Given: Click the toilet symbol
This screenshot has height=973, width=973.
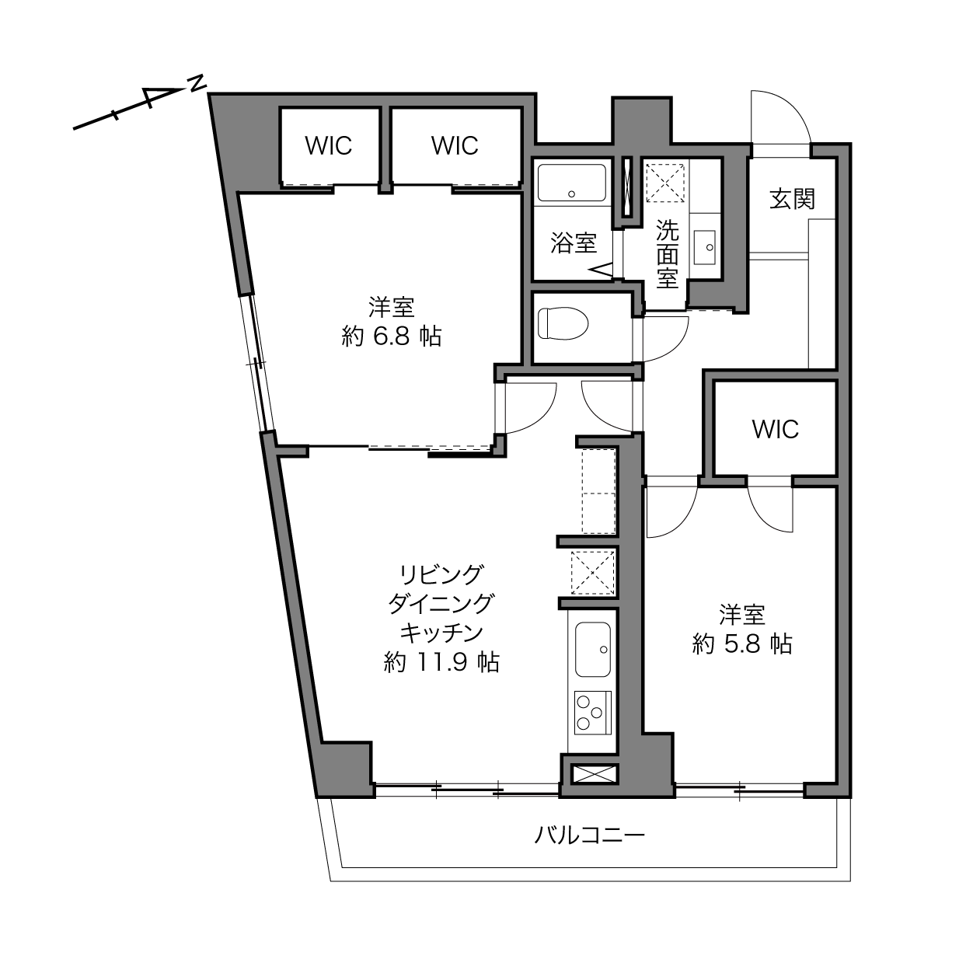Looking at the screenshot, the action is coord(563,323).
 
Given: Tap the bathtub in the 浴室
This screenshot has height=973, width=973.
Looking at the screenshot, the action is coord(571,183).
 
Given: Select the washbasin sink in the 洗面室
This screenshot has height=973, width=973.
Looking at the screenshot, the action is coord(704,247).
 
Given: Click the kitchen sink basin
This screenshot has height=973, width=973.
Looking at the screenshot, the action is coord(593,650).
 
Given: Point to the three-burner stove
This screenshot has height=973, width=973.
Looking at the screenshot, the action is coord(593,713).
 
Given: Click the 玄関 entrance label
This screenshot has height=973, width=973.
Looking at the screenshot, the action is coord(792,199).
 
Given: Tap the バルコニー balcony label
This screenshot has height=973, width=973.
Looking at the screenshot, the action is coord(590,835).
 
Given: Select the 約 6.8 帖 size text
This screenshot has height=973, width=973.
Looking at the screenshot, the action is coord(392,337).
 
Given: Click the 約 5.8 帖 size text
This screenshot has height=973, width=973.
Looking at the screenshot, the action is coord(742,644).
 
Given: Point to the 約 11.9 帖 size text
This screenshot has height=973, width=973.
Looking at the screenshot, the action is coord(442,662).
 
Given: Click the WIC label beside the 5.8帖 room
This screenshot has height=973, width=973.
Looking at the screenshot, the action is coord(775,429).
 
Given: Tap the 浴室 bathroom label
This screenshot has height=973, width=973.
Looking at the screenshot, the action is coord(574,243).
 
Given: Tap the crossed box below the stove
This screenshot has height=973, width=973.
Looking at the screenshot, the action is coord(595,774).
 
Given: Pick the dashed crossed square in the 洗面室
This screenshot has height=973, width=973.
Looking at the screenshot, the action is coord(665,183).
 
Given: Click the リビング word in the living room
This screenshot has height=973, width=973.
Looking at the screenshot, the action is coord(441,574).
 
